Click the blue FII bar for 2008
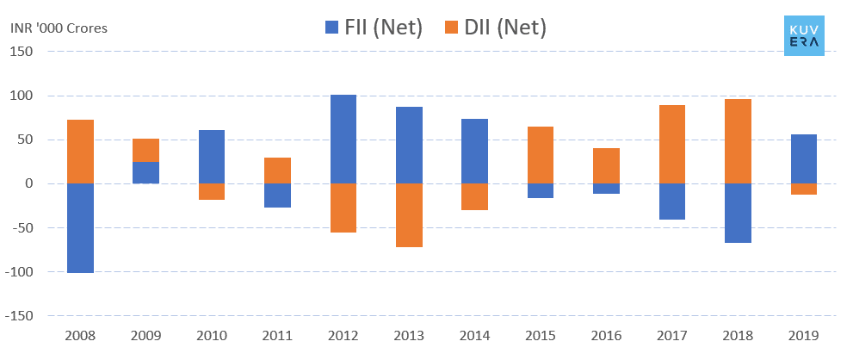[x=80, y=227]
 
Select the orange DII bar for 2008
[x=80, y=152]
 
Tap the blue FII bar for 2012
[x=343, y=139]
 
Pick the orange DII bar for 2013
[x=409, y=215]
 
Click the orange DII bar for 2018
[x=738, y=141]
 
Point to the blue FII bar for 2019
[x=803, y=158]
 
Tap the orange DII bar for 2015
[x=541, y=155]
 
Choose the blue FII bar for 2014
[x=474, y=151]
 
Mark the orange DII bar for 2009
[x=145, y=150]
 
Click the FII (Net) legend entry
[x=373, y=28]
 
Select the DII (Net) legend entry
[x=495, y=28]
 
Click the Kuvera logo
[x=804, y=35]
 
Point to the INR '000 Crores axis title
[x=59, y=28]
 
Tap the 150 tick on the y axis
[x=22, y=52]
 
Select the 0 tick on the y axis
[x=28, y=183]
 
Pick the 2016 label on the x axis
[x=605, y=336]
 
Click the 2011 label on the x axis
[x=277, y=336]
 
